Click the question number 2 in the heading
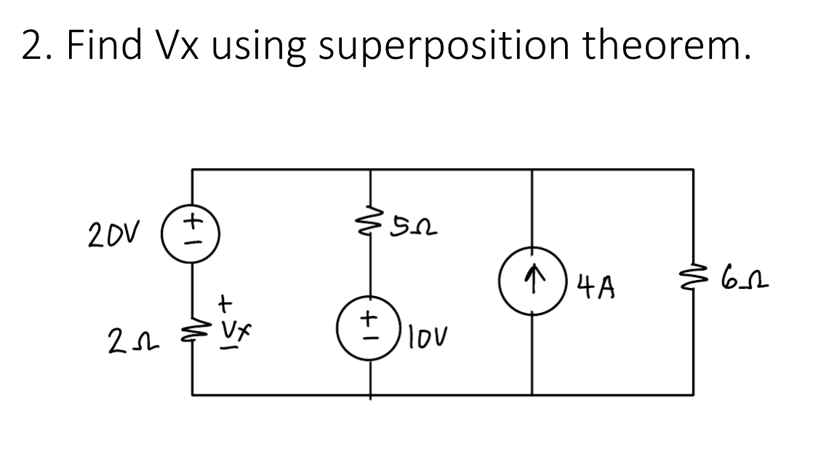pos(32,46)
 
